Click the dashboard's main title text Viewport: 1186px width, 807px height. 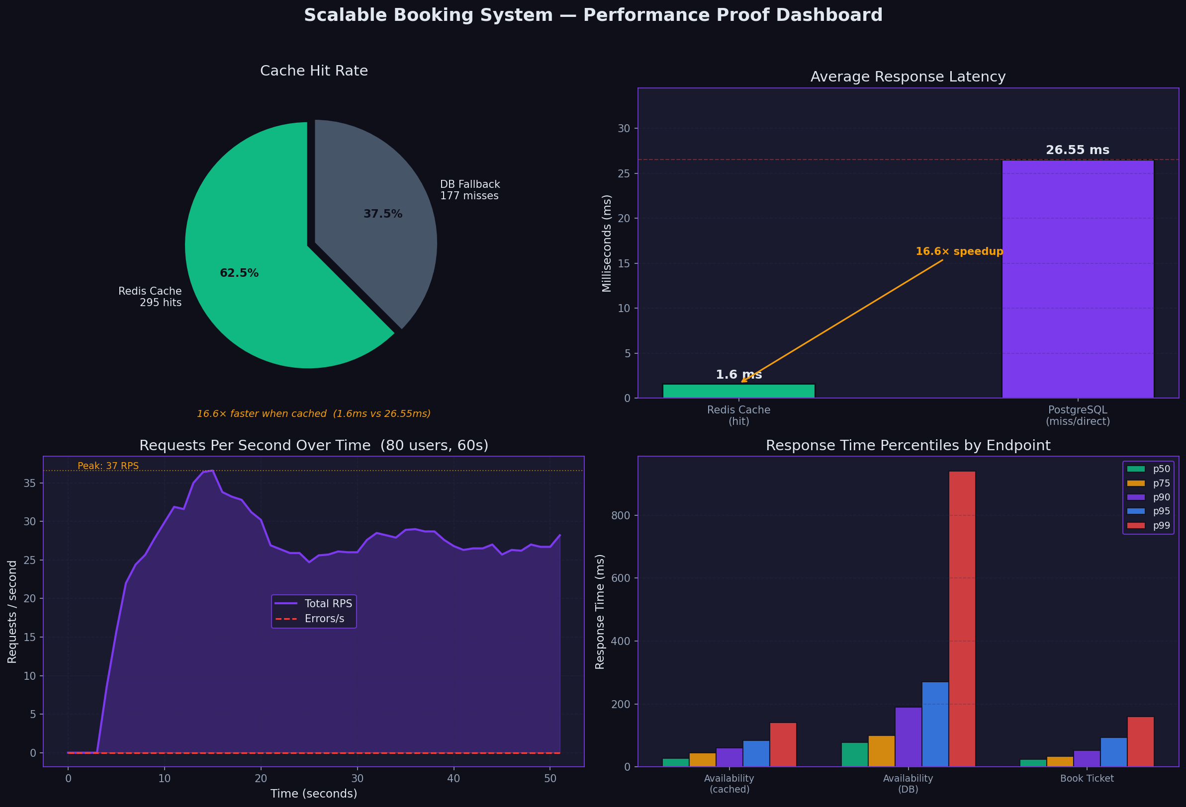coord(593,15)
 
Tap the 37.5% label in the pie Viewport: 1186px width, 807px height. coord(383,214)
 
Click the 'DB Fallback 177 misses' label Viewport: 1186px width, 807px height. coord(469,190)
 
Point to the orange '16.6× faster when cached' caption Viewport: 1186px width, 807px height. coord(313,414)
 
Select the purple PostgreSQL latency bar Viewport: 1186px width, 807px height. coord(1077,281)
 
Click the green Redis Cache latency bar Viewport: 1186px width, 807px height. coord(738,391)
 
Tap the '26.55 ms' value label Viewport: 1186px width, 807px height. coord(1077,150)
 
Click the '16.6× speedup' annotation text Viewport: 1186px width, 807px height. coord(959,251)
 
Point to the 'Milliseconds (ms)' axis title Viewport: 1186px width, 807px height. coord(606,243)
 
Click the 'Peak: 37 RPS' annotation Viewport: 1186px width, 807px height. coord(108,466)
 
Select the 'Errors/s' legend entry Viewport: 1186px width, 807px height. coord(324,619)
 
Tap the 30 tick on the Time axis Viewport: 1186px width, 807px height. coord(357,779)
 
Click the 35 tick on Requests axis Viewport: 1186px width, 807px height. coord(30,483)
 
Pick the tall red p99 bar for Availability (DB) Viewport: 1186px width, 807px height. coord(962,617)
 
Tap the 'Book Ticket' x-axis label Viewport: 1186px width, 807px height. coord(1087,779)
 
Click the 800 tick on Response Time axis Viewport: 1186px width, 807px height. coord(621,515)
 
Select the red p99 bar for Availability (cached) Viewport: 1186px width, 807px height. coord(783,744)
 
